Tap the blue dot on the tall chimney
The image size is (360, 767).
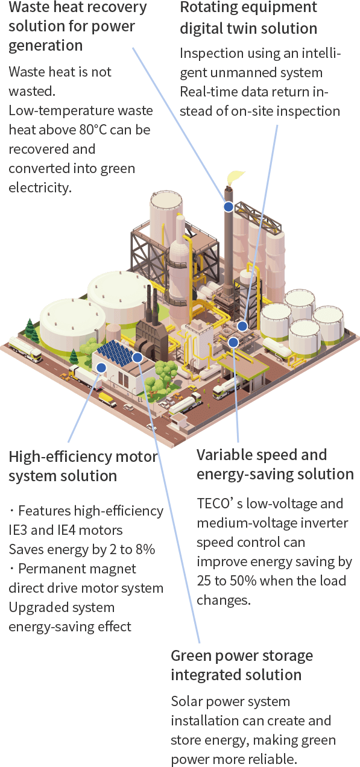point(229,206)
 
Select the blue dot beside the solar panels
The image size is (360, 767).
point(137,358)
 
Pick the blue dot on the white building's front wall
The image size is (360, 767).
point(101,368)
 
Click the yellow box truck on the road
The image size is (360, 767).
point(107,399)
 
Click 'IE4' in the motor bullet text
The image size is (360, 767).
point(66,530)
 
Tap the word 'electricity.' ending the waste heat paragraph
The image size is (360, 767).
point(40,188)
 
